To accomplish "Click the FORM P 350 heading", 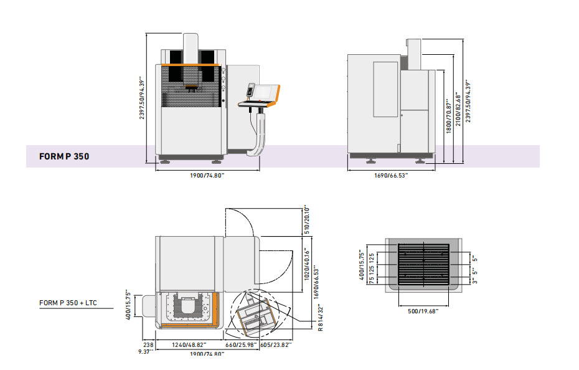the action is pos(64,156).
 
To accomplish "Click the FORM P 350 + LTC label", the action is pos(68,303).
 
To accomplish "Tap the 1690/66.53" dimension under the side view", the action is pos(391,175).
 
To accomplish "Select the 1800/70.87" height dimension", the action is pos(449,116).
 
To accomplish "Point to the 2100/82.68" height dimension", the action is pos(458,110).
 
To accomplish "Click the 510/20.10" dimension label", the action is pos(307,220).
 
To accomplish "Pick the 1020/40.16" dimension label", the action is pos(307,264).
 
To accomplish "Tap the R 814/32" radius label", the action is pos(320,317).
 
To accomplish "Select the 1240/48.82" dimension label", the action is pos(189,345).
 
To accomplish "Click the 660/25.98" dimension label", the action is pos(241,345).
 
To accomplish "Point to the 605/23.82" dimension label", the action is pos(276,345).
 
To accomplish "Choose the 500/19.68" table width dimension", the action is pos(423,311).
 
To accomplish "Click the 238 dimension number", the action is pos(148,345).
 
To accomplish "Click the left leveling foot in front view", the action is pos(164,161).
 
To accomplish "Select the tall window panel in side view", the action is pos(385,90).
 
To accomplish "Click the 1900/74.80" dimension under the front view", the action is pos(207,175).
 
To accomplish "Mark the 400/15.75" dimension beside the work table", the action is pos(362,265).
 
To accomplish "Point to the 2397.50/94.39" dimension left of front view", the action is pos(142,98).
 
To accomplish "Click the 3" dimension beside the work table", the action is pos(475,281).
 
